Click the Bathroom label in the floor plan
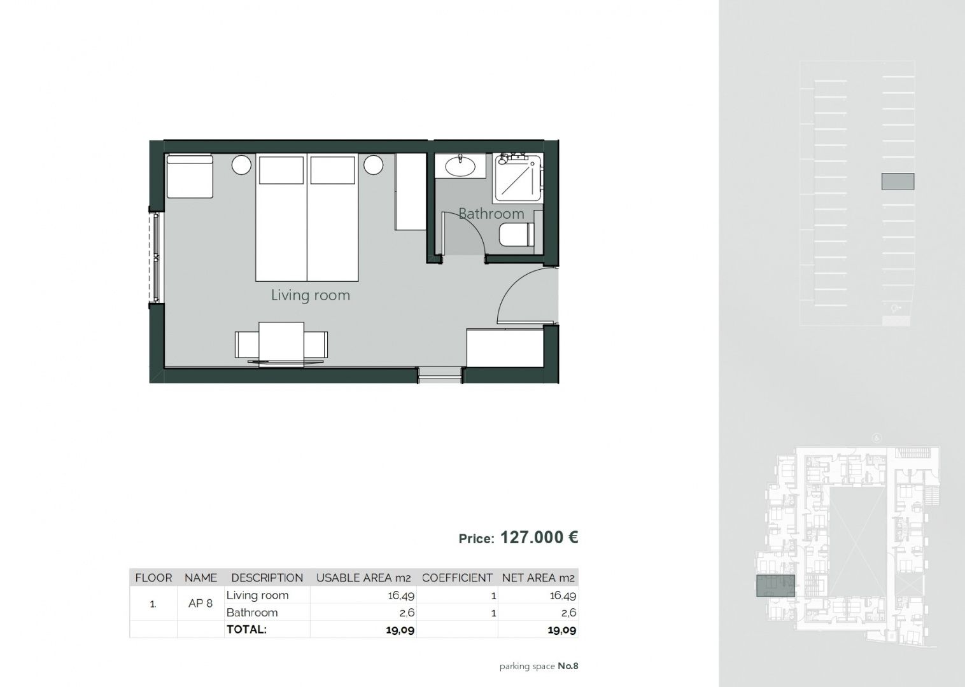491,214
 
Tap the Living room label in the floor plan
310,295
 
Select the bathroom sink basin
460,166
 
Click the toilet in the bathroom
516,235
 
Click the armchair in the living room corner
190,176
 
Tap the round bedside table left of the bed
241,165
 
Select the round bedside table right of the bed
373,165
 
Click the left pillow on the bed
281,170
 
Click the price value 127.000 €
539,538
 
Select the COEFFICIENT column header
457,578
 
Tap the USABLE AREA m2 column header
363,578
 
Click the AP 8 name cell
201,604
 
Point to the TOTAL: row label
246,629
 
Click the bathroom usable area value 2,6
407,613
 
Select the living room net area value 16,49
563,596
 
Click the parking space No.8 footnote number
568,666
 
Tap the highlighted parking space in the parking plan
898,181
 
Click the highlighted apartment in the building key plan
775,586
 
